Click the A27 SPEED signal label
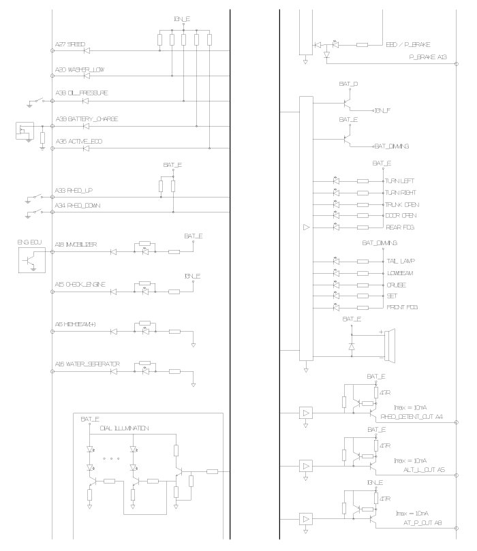[70, 45]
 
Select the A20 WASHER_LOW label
[80, 69]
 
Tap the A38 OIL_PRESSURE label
[81, 93]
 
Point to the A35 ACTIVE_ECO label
[79, 142]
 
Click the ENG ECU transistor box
[31, 260]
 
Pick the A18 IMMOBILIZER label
[76, 244]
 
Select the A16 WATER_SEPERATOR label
[87, 364]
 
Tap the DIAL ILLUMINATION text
[124, 428]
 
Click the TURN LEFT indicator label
[400, 181]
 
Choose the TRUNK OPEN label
[402, 204]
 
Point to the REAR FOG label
[400, 227]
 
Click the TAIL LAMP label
[401, 261]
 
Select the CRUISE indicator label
[397, 285]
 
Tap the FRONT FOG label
[401, 308]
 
